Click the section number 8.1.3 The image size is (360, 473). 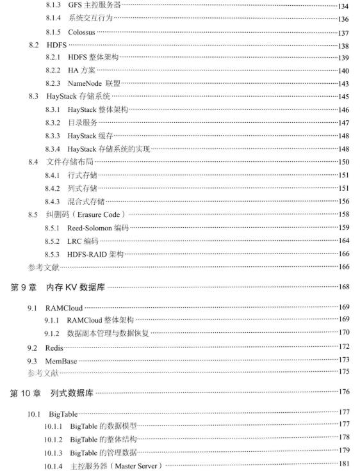click(x=54, y=5)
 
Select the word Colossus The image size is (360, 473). click(x=87, y=32)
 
